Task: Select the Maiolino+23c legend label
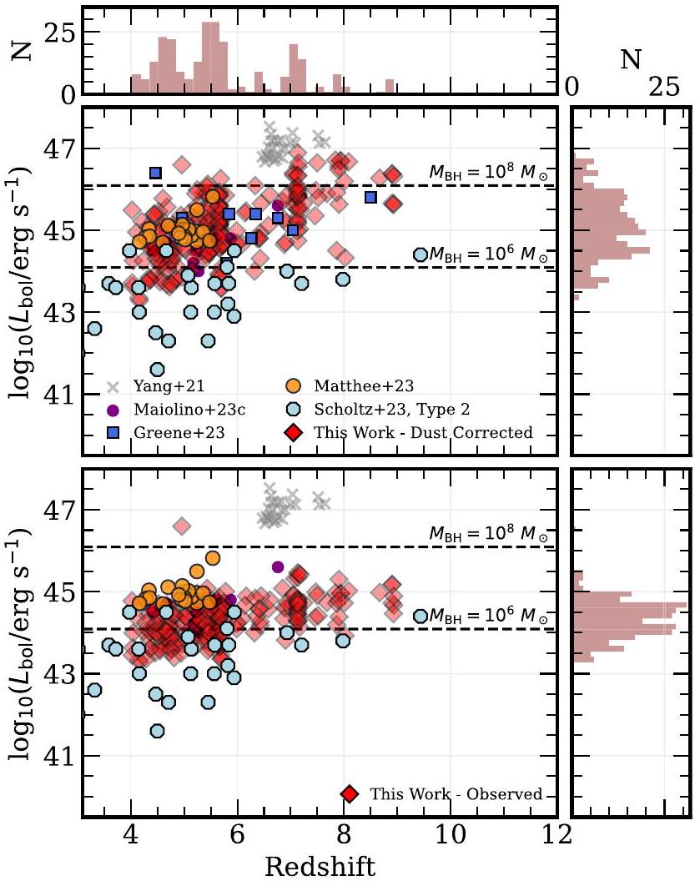coord(187,410)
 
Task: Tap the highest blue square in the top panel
coord(155,173)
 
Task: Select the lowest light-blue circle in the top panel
coord(157,370)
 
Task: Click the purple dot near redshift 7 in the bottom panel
coord(278,567)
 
